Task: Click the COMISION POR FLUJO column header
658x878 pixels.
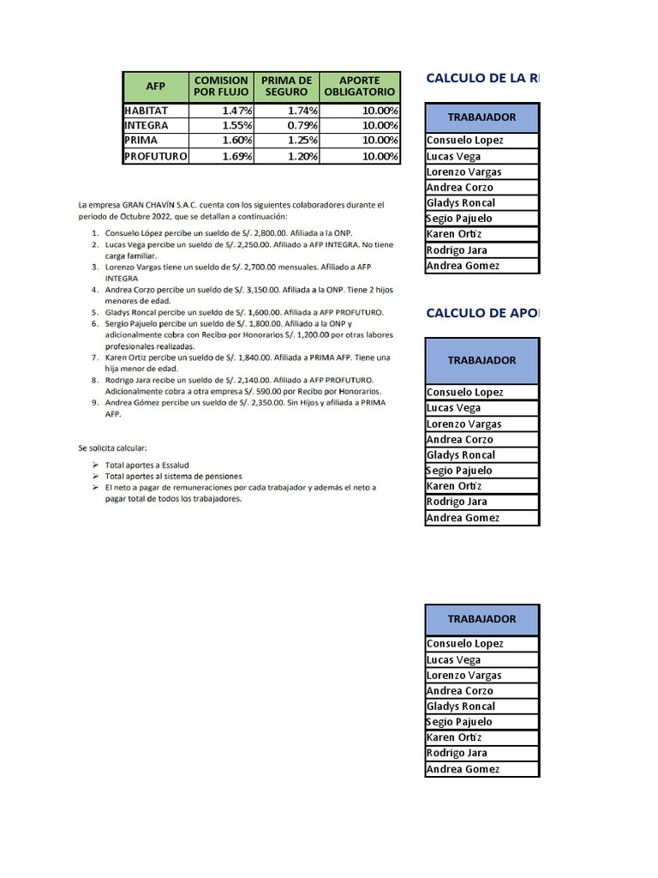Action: pos(221,87)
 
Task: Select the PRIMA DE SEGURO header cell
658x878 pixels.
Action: pos(286,87)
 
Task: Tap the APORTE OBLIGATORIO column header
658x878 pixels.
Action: pos(360,87)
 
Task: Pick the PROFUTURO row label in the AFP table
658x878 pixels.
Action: pos(155,156)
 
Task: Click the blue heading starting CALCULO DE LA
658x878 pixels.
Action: pos(482,78)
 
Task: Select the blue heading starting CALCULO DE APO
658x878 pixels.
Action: pos(482,313)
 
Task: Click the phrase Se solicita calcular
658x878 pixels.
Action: pos(112,448)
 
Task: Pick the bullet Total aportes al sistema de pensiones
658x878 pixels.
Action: pos(173,475)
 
